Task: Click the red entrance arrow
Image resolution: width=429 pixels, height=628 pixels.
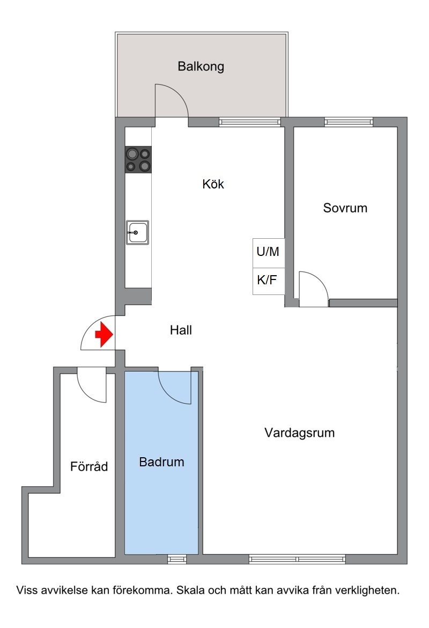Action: click(x=104, y=334)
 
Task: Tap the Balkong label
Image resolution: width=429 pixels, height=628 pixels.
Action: click(x=201, y=66)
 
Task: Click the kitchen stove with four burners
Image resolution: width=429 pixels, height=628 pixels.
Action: click(x=138, y=160)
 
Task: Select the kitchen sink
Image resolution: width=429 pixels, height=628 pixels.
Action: click(x=137, y=232)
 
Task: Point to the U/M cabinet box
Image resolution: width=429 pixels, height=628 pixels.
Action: click(x=268, y=253)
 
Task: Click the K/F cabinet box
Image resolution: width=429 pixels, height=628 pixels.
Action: click(x=268, y=281)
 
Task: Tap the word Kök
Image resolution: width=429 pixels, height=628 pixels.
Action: click(x=213, y=184)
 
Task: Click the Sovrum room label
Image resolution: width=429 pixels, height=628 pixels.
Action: click(x=345, y=208)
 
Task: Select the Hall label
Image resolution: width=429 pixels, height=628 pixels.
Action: click(x=181, y=330)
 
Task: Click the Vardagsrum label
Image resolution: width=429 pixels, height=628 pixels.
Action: click(x=299, y=433)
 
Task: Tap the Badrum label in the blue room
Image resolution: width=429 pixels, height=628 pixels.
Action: click(x=161, y=462)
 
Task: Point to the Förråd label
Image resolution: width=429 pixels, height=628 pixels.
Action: click(x=88, y=466)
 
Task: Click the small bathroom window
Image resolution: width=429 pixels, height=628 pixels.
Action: click(x=177, y=559)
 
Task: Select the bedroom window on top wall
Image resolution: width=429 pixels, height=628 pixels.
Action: click(x=349, y=122)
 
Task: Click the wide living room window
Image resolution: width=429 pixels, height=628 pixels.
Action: click(x=297, y=559)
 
